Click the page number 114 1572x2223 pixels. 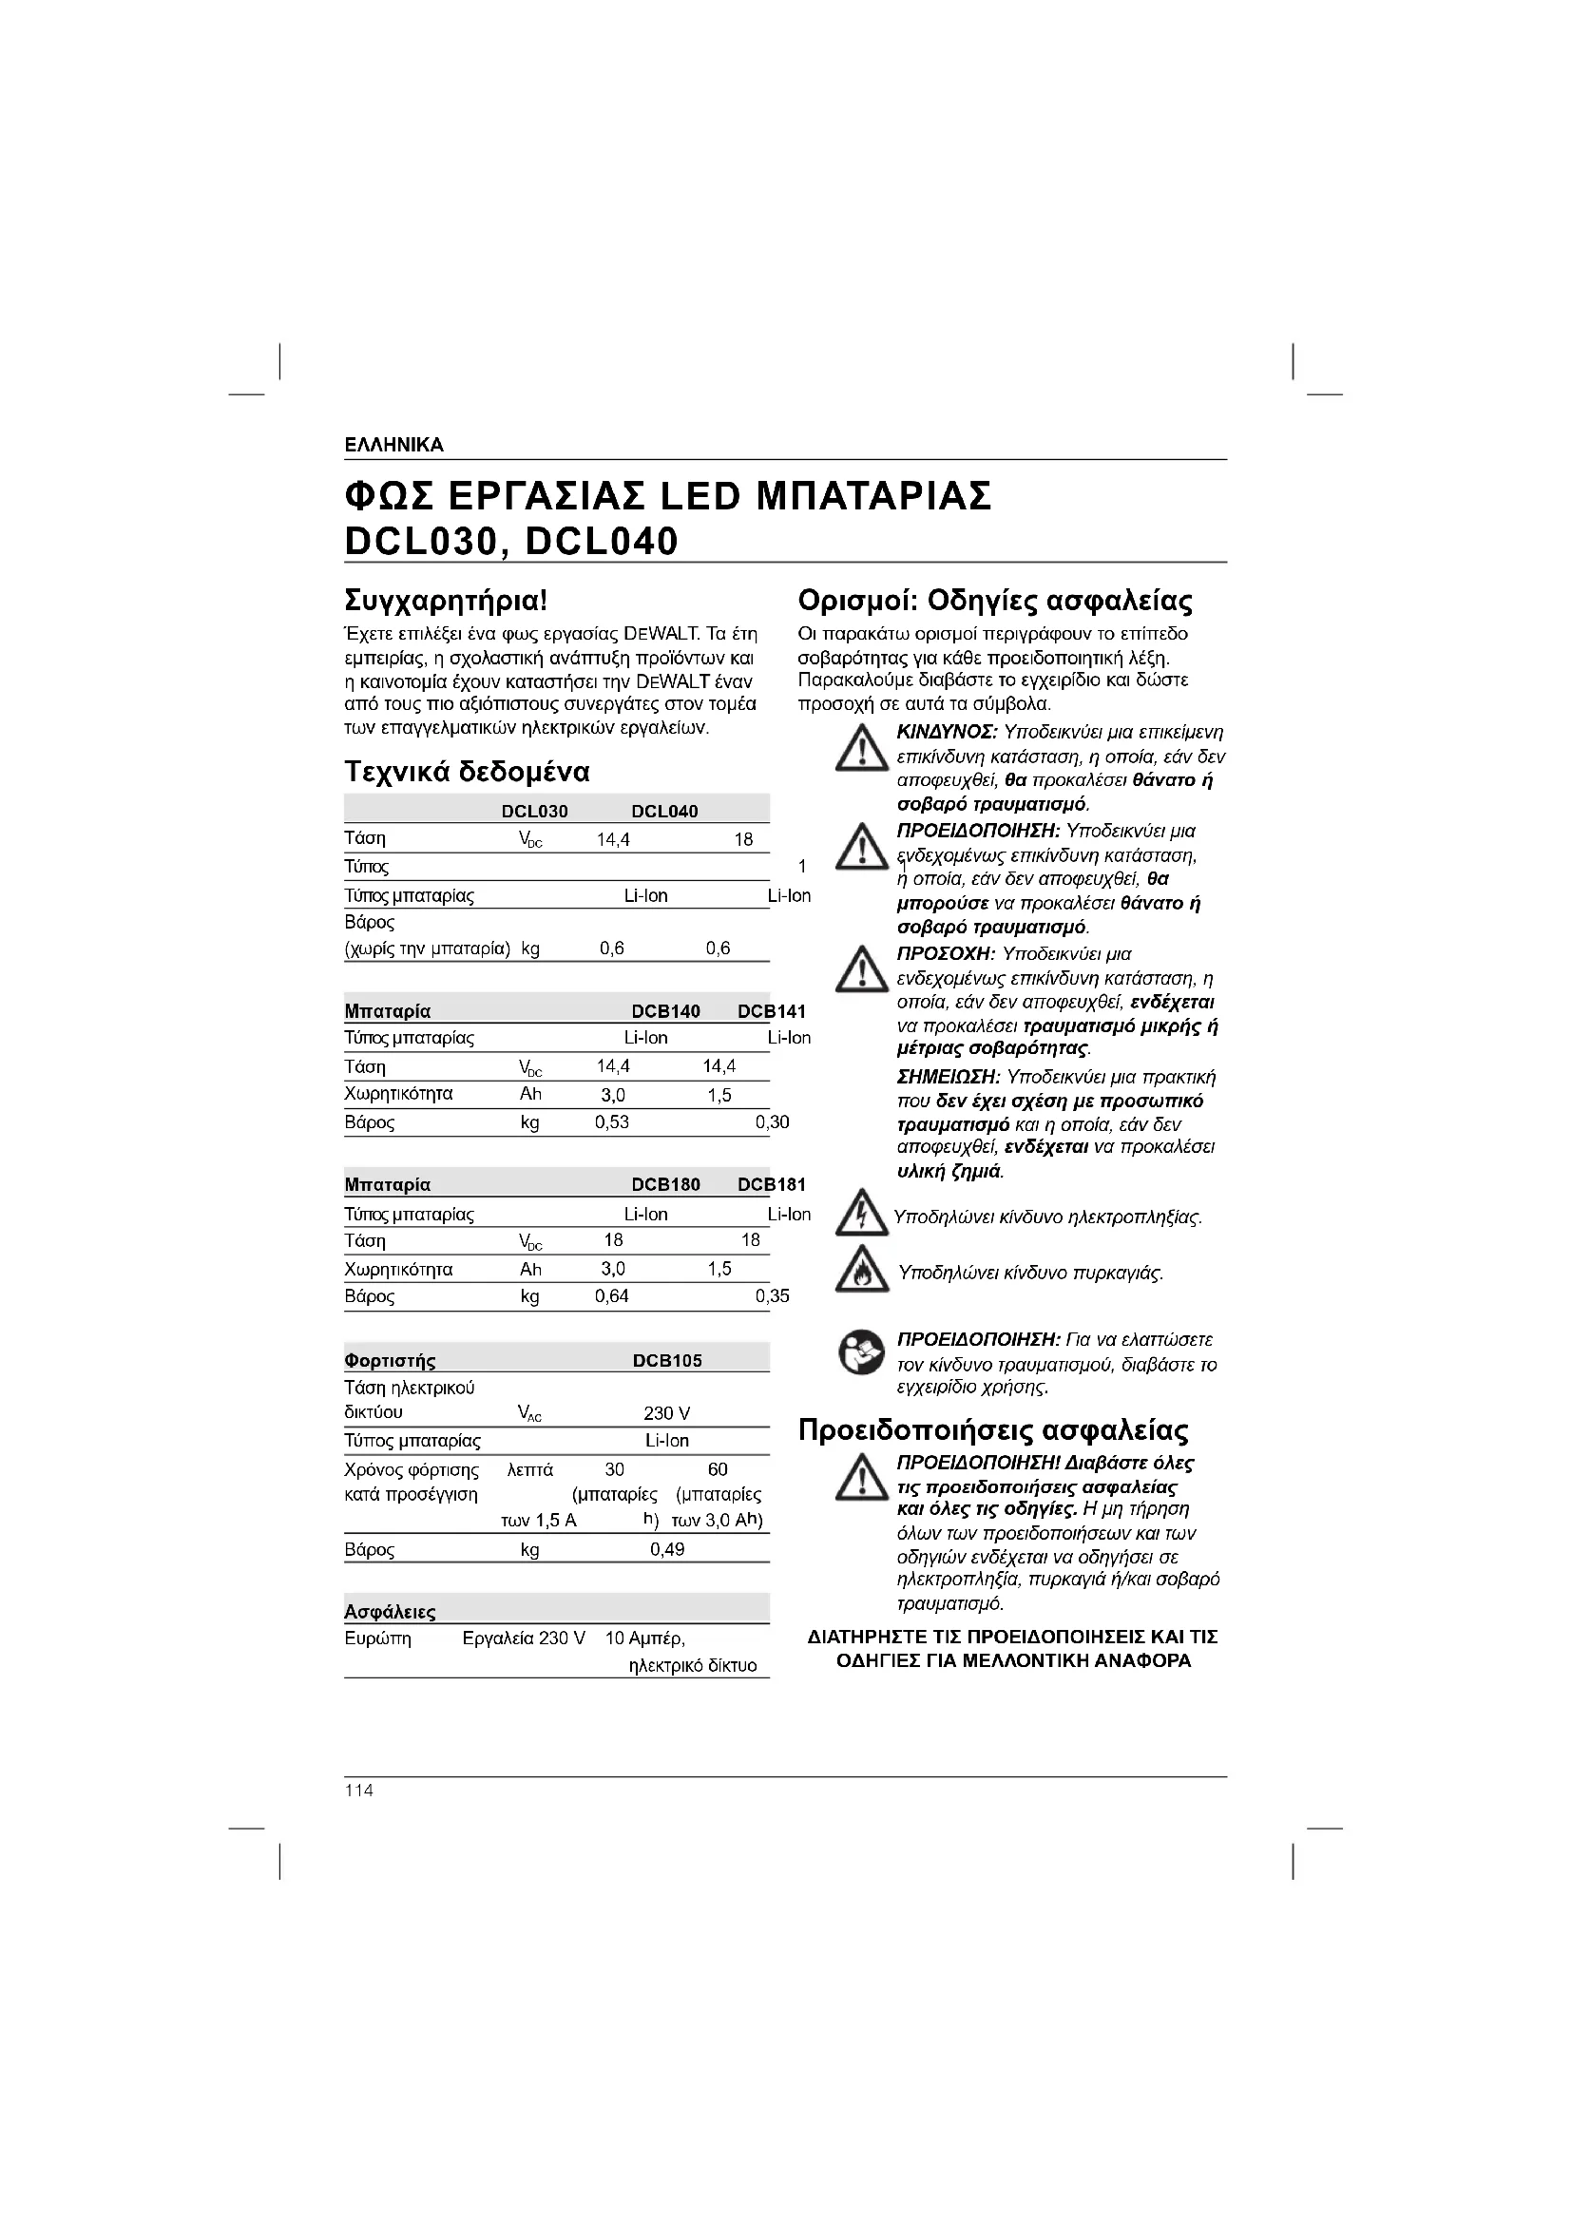click(x=359, y=1791)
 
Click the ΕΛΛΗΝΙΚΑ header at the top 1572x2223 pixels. click(x=394, y=446)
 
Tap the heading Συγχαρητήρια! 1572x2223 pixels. click(x=447, y=601)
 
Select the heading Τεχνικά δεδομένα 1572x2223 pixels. click(x=467, y=772)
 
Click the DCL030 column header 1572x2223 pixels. click(x=534, y=812)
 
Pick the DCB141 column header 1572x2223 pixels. click(x=772, y=1012)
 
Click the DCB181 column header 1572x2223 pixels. click(x=772, y=1185)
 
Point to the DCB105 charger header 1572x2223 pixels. click(x=667, y=1360)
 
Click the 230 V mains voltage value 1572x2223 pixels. click(x=667, y=1413)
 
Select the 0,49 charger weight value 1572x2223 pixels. click(x=667, y=1550)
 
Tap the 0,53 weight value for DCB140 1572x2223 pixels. click(x=612, y=1123)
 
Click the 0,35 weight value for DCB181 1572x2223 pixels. click(x=773, y=1296)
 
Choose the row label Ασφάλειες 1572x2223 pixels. click(x=390, y=1612)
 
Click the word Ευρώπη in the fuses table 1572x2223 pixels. click(x=377, y=1639)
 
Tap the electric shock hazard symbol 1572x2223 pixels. click(x=861, y=1214)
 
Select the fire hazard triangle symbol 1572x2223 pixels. click(x=861, y=1271)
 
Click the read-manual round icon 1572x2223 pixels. click(x=860, y=1352)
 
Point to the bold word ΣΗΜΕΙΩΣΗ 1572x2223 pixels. click(x=949, y=1078)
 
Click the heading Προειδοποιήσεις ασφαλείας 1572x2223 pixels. click(x=993, y=1430)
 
